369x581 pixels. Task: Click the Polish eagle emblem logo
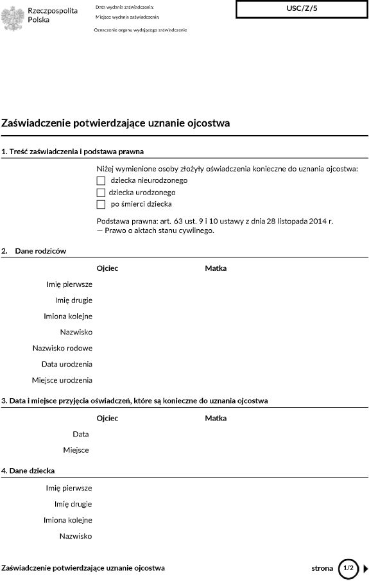13,15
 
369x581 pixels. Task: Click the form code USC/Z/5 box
302,9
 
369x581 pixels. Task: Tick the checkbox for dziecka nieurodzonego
101,181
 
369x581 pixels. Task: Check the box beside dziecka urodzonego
101,193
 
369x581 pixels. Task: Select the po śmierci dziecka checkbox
101,204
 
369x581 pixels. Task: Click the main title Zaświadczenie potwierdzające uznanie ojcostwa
116,123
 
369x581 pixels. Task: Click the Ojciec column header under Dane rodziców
107,268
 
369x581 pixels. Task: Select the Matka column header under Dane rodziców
216,268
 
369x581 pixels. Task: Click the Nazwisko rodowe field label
62,348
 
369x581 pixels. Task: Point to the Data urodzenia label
67,364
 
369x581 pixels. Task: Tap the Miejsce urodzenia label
62,380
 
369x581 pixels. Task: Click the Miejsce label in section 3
76,450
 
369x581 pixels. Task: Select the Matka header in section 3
216,419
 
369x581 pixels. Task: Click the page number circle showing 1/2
348,568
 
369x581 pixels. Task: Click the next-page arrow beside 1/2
365,568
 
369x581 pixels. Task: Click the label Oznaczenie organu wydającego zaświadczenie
140,30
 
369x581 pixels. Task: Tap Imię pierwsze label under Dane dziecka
69,488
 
